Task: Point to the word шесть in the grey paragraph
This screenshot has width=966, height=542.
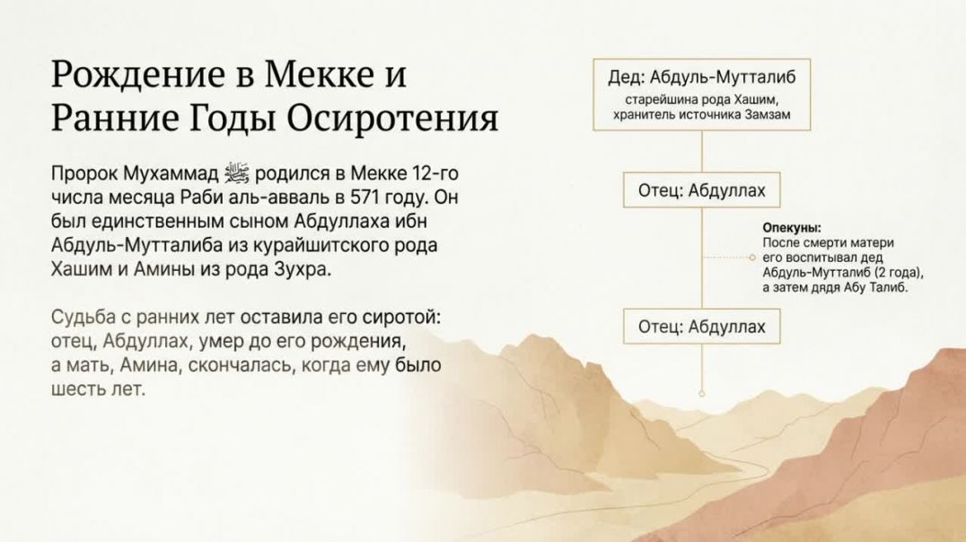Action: [73, 390]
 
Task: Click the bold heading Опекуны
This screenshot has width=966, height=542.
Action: [792, 229]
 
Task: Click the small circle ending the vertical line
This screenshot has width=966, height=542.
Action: [701, 393]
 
